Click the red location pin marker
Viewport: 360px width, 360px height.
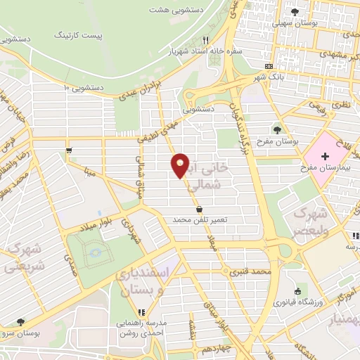[x=181, y=165]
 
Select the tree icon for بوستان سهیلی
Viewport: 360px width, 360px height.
[x=295, y=12]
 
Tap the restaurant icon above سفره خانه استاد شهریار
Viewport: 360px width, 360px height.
[x=205, y=39]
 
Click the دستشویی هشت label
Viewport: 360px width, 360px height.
[x=174, y=11]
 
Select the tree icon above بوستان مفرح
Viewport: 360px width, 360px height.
[x=278, y=130]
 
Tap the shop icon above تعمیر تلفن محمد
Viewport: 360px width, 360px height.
[x=201, y=209]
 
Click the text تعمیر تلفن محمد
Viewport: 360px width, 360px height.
[x=201, y=220]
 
